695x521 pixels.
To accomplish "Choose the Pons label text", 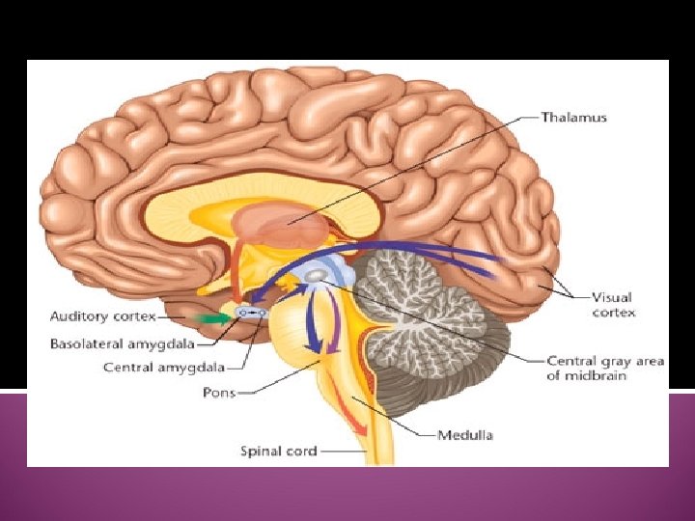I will pyautogui.click(x=218, y=393).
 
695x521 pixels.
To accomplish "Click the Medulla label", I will pyautogui.click(x=465, y=434).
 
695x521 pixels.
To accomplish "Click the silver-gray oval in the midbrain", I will pyautogui.click(x=316, y=277).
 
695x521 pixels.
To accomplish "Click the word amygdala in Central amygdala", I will pyautogui.click(x=205, y=366).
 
